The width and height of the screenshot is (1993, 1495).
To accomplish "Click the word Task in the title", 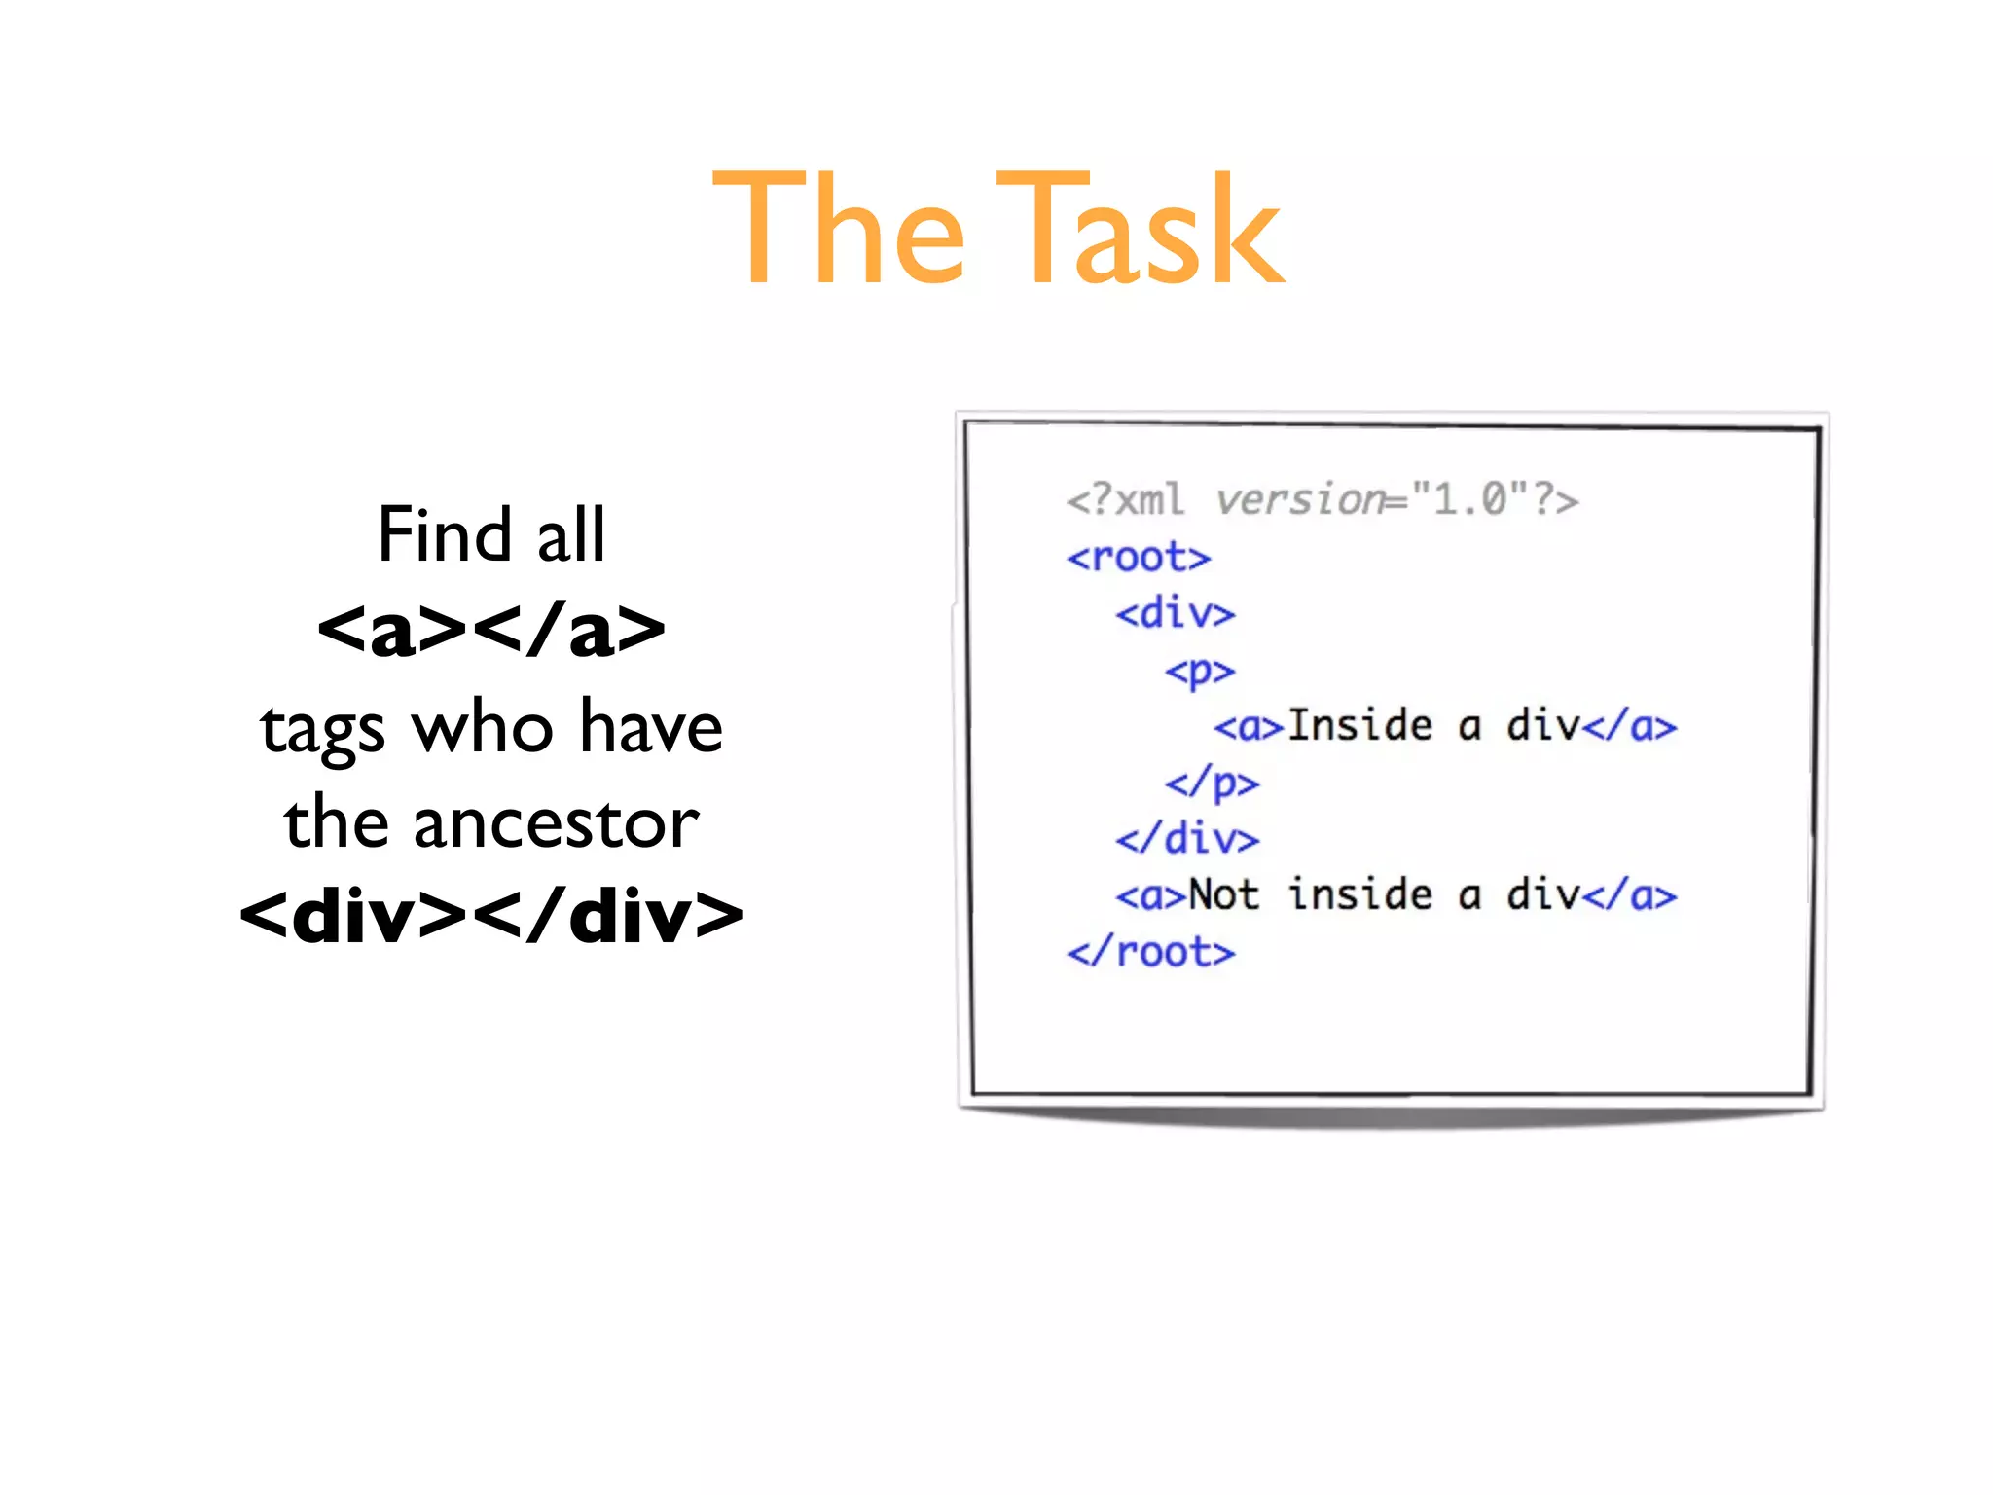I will (x=1140, y=230).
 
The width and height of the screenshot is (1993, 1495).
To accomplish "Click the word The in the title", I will (x=839, y=230).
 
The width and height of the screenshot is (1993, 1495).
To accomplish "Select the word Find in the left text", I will (x=444, y=534).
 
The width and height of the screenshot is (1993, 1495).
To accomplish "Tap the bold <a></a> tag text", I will (x=491, y=630).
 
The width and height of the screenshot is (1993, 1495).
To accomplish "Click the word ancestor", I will (x=556, y=823).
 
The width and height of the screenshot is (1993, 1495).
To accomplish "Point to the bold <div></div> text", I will (x=491, y=916).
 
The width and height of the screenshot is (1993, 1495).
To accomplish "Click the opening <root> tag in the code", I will (x=1139, y=558).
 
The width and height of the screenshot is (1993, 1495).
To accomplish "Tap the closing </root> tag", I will (x=1151, y=952).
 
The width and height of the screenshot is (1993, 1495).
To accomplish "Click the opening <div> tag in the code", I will (x=1176, y=614).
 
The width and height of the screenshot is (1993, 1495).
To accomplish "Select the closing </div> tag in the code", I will (x=1187, y=839).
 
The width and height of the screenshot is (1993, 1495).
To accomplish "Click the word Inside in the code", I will (x=1359, y=726).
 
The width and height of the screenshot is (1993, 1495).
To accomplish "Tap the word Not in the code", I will (x=1224, y=895).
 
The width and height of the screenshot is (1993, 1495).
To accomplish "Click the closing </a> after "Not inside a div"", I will (x=1629, y=895).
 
